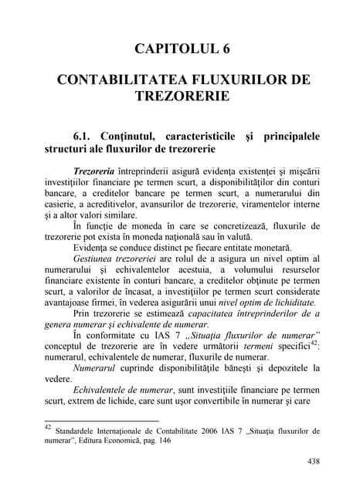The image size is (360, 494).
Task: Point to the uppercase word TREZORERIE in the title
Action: click(180, 99)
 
